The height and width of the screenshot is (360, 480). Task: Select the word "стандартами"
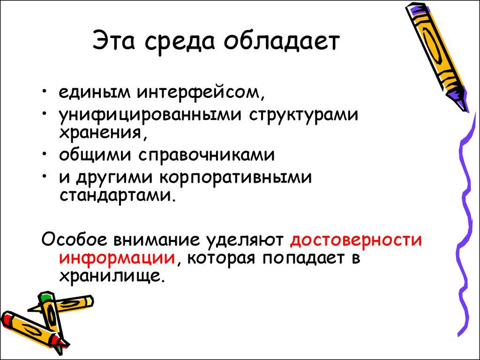click(x=117, y=194)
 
